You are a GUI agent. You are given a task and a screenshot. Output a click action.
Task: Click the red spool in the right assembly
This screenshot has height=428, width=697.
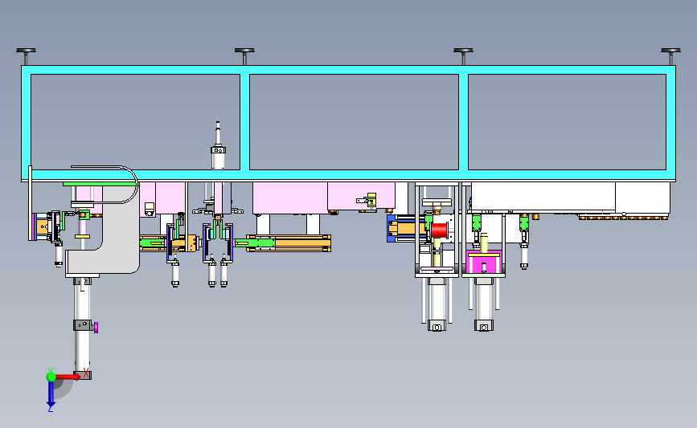[439, 230]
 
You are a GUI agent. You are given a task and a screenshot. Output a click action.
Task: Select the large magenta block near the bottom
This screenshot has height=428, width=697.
[485, 263]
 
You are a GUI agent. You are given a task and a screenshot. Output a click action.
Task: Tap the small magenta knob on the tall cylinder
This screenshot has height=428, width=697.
[96, 326]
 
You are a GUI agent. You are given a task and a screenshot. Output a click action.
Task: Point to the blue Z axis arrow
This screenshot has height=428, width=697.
[51, 393]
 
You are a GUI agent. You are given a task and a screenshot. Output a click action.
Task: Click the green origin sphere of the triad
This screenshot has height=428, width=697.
[51, 375]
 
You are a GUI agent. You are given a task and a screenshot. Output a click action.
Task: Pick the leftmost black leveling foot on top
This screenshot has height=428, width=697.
[27, 52]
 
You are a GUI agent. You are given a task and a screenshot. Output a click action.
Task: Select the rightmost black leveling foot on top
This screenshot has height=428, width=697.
[671, 52]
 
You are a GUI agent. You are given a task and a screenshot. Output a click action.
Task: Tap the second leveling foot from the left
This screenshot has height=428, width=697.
[244, 52]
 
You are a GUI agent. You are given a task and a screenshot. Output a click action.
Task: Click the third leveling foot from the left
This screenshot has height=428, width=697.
[463, 52]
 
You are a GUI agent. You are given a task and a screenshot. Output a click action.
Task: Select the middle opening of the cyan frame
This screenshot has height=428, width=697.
[354, 122]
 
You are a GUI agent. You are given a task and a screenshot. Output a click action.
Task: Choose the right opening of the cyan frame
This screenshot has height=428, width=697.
[567, 122]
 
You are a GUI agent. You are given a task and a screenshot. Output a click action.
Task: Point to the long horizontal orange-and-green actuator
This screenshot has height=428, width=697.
[288, 243]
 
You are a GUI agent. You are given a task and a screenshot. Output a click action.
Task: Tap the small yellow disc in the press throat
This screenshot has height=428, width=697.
[82, 236]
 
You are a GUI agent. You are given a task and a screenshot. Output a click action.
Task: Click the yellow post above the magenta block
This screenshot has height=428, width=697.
[483, 243]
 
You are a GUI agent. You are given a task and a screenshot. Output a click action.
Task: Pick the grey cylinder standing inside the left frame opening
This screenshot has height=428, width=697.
[217, 149]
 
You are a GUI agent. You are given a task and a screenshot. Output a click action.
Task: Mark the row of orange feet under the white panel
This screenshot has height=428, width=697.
[623, 217]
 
